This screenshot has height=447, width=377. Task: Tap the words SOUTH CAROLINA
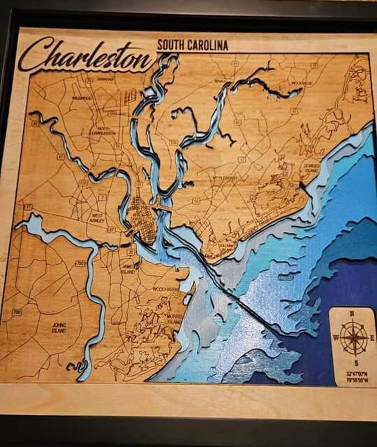[x=192, y=45]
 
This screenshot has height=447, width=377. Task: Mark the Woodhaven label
[x=165, y=290]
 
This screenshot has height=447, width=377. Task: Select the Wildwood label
[x=82, y=99]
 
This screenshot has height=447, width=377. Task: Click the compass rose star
[x=353, y=338]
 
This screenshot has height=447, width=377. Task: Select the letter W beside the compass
[x=335, y=338]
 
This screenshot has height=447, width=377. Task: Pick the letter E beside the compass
[x=372, y=338]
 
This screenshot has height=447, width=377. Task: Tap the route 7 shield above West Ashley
[x=102, y=197]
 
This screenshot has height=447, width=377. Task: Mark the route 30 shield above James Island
[x=131, y=252]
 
